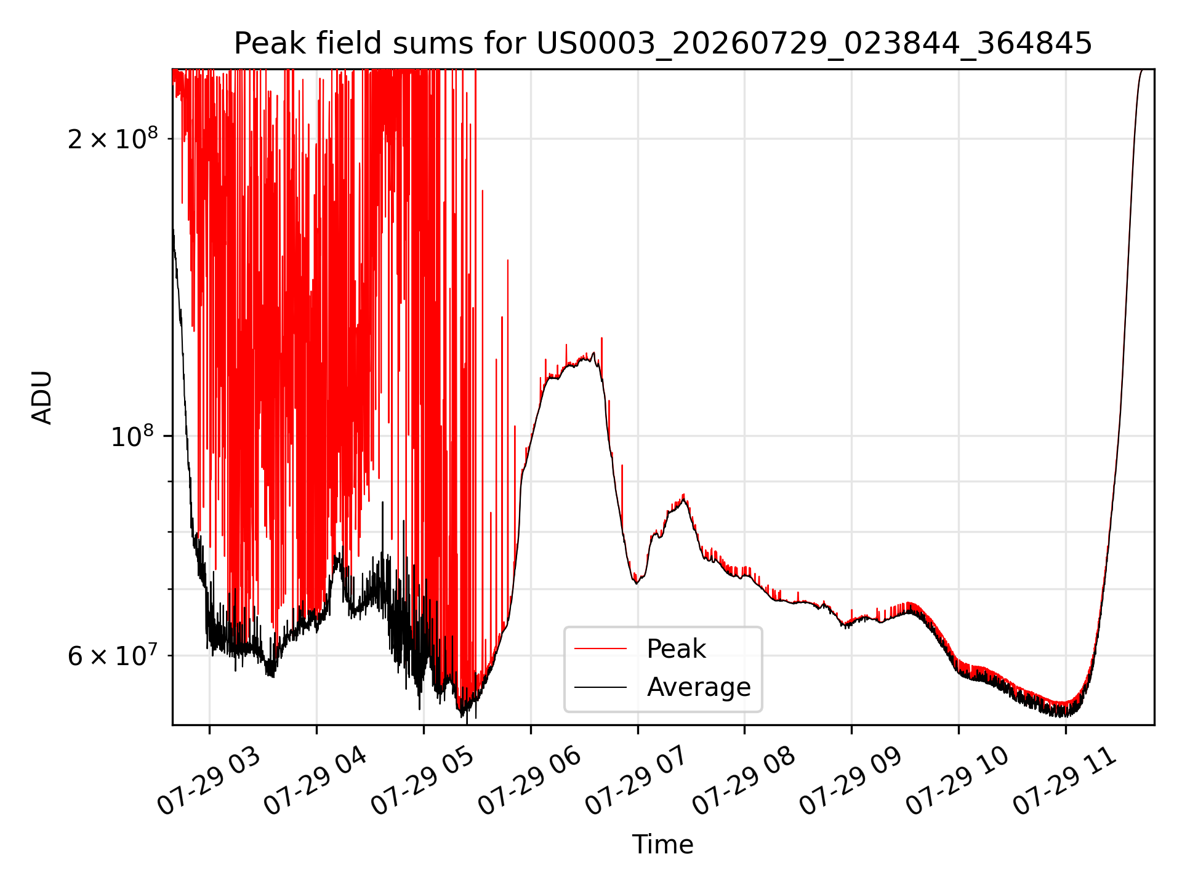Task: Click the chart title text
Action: click(663, 44)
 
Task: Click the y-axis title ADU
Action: click(42, 397)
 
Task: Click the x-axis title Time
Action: click(663, 845)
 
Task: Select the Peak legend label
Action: click(676, 649)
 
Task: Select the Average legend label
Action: click(699, 687)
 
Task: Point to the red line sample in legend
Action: click(601, 649)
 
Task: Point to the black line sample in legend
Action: click(601, 687)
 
